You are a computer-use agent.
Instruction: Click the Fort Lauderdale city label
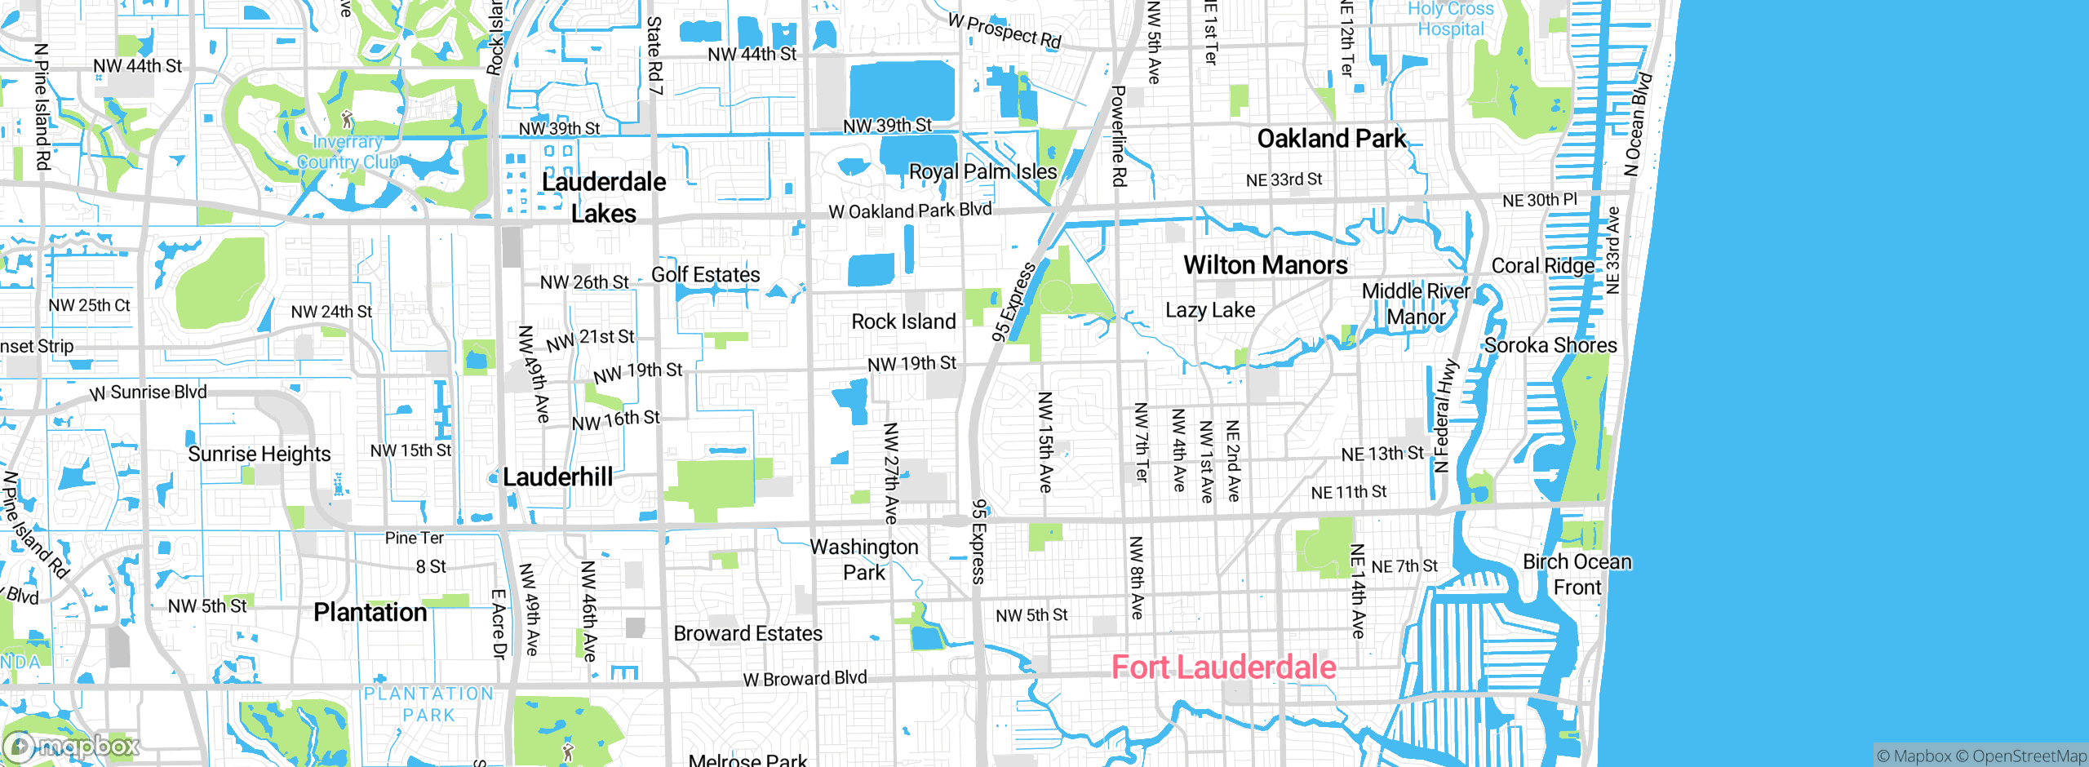pyautogui.click(x=1223, y=667)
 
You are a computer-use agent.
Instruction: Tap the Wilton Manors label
pyautogui.click(x=1265, y=265)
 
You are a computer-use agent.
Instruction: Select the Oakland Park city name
pyautogui.click(x=1331, y=139)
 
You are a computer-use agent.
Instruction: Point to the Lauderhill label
pyautogui.click(x=557, y=477)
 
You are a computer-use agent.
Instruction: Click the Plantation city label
pyautogui.click(x=370, y=612)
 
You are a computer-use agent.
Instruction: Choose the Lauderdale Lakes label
pyautogui.click(x=604, y=197)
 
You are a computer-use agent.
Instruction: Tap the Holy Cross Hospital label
pyautogui.click(x=1450, y=19)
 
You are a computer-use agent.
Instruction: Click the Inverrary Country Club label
pyautogui.click(x=347, y=152)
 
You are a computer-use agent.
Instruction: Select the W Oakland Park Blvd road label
pyautogui.click(x=910, y=211)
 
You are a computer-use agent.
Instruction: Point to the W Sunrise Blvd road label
pyautogui.click(x=149, y=392)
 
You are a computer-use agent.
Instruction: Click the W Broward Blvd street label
pyautogui.click(x=805, y=678)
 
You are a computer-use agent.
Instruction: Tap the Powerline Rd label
pyautogui.click(x=1119, y=135)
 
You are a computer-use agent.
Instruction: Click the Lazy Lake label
pyautogui.click(x=1210, y=310)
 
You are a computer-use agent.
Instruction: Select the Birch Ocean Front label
pyautogui.click(x=1577, y=574)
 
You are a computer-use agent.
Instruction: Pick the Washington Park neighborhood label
pyautogui.click(x=864, y=559)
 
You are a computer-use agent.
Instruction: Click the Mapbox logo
pyautogui.click(x=72, y=746)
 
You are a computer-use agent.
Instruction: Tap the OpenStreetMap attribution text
pyautogui.click(x=2029, y=756)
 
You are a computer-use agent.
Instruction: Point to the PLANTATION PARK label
pyautogui.click(x=428, y=704)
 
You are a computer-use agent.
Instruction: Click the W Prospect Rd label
pyautogui.click(x=1005, y=31)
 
